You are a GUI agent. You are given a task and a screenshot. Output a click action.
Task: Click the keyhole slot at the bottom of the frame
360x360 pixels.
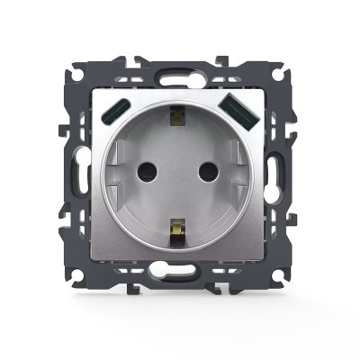point(181,270)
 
